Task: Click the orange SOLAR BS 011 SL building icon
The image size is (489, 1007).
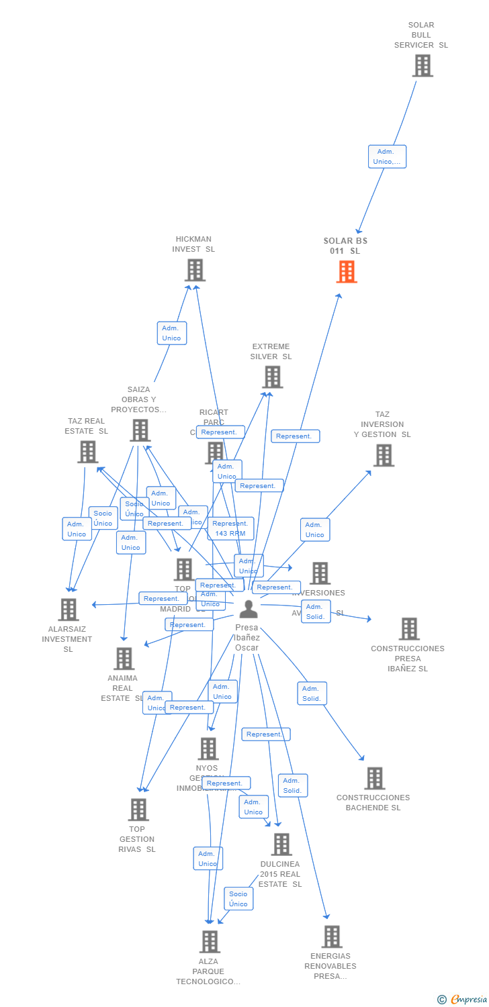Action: [x=347, y=272]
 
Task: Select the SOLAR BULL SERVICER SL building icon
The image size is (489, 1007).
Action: [x=423, y=66]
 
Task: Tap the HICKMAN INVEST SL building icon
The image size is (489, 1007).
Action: [x=195, y=270]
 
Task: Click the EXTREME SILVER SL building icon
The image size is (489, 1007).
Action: [x=273, y=377]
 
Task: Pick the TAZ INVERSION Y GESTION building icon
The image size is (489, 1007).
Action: [x=384, y=455]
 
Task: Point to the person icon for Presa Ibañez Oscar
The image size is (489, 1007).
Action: [x=249, y=609]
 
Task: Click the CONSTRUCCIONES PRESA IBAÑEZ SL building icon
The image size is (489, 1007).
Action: [x=409, y=629]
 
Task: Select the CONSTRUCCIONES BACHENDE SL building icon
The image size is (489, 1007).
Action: [x=375, y=778]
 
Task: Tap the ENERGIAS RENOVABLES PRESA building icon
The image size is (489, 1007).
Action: [x=332, y=937]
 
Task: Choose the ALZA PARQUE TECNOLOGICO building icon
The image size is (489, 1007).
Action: [x=210, y=941]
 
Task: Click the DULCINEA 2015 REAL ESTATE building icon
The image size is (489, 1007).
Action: [x=281, y=844]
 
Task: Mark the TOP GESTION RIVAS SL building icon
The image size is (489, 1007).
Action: [x=138, y=810]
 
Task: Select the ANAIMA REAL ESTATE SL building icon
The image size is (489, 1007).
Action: [x=124, y=659]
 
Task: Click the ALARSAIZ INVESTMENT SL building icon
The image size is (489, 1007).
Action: [x=69, y=610]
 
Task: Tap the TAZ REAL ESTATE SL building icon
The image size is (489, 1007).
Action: [x=87, y=452]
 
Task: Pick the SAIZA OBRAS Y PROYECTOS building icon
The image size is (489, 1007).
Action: [x=140, y=430]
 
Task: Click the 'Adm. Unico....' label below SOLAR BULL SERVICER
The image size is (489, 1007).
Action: [x=387, y=156]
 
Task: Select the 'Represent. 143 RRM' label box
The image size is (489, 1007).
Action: [x=230, y=528]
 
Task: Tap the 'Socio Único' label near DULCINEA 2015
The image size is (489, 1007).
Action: [x=238, y=899]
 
